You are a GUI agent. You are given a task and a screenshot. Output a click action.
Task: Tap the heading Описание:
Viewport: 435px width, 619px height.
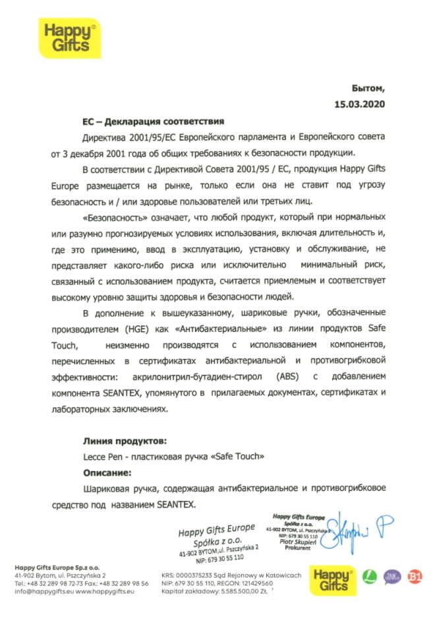(107, 472)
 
